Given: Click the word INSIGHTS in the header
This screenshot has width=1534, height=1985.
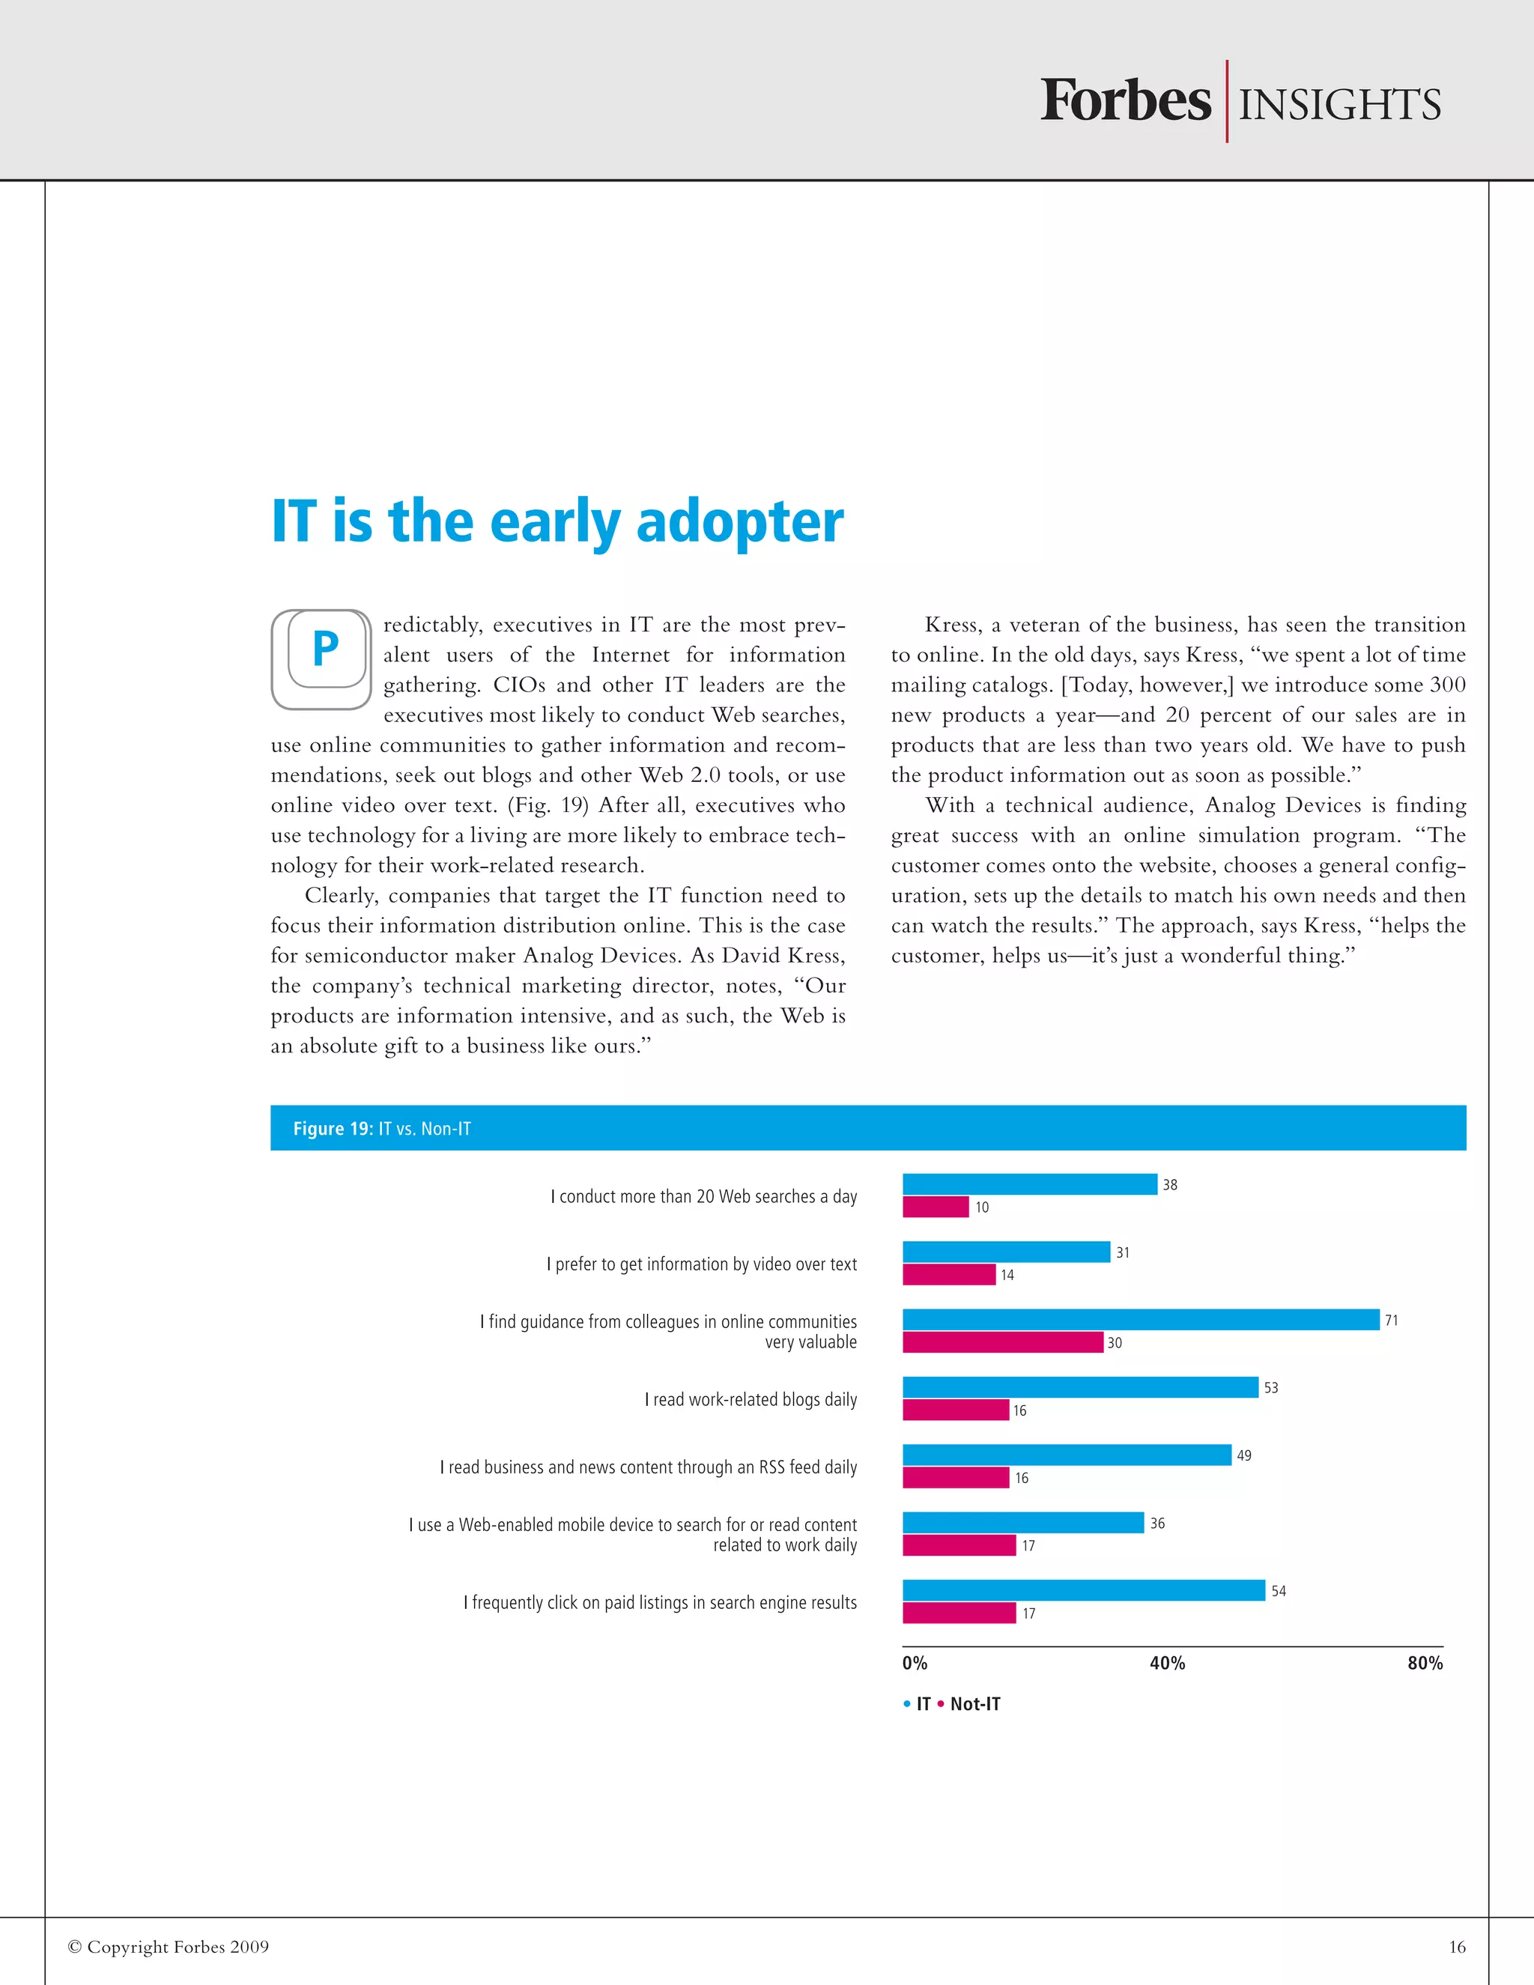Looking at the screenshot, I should coord(1339,105).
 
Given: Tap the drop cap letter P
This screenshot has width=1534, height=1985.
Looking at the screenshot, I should coord(324,649).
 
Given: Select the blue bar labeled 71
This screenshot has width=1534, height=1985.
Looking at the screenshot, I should coord(1141,1320).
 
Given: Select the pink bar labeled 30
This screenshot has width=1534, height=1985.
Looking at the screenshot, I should coord(1002,1342).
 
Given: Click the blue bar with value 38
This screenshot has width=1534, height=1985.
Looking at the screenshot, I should coord(1030,1184).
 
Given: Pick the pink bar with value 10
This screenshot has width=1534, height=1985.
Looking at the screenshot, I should coord(935,1207).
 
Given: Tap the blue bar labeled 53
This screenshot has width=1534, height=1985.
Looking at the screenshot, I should coord(1079,1387).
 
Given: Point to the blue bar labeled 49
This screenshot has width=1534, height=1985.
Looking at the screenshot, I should coord(1066,1455).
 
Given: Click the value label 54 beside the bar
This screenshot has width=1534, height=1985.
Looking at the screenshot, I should coord(1278,1590).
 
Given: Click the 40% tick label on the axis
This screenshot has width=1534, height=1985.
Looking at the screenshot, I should coord(1167,1663).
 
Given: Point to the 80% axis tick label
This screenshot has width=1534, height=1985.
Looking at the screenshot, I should coord(1424,1663).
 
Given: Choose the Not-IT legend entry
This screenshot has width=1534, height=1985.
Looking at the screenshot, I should coord(974,1704).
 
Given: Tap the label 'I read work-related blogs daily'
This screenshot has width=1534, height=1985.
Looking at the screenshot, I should coord(751,1400).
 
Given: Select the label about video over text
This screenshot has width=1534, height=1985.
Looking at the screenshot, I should coord(702,1264).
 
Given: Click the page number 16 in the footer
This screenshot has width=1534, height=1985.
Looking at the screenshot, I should coord(1457,1947).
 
